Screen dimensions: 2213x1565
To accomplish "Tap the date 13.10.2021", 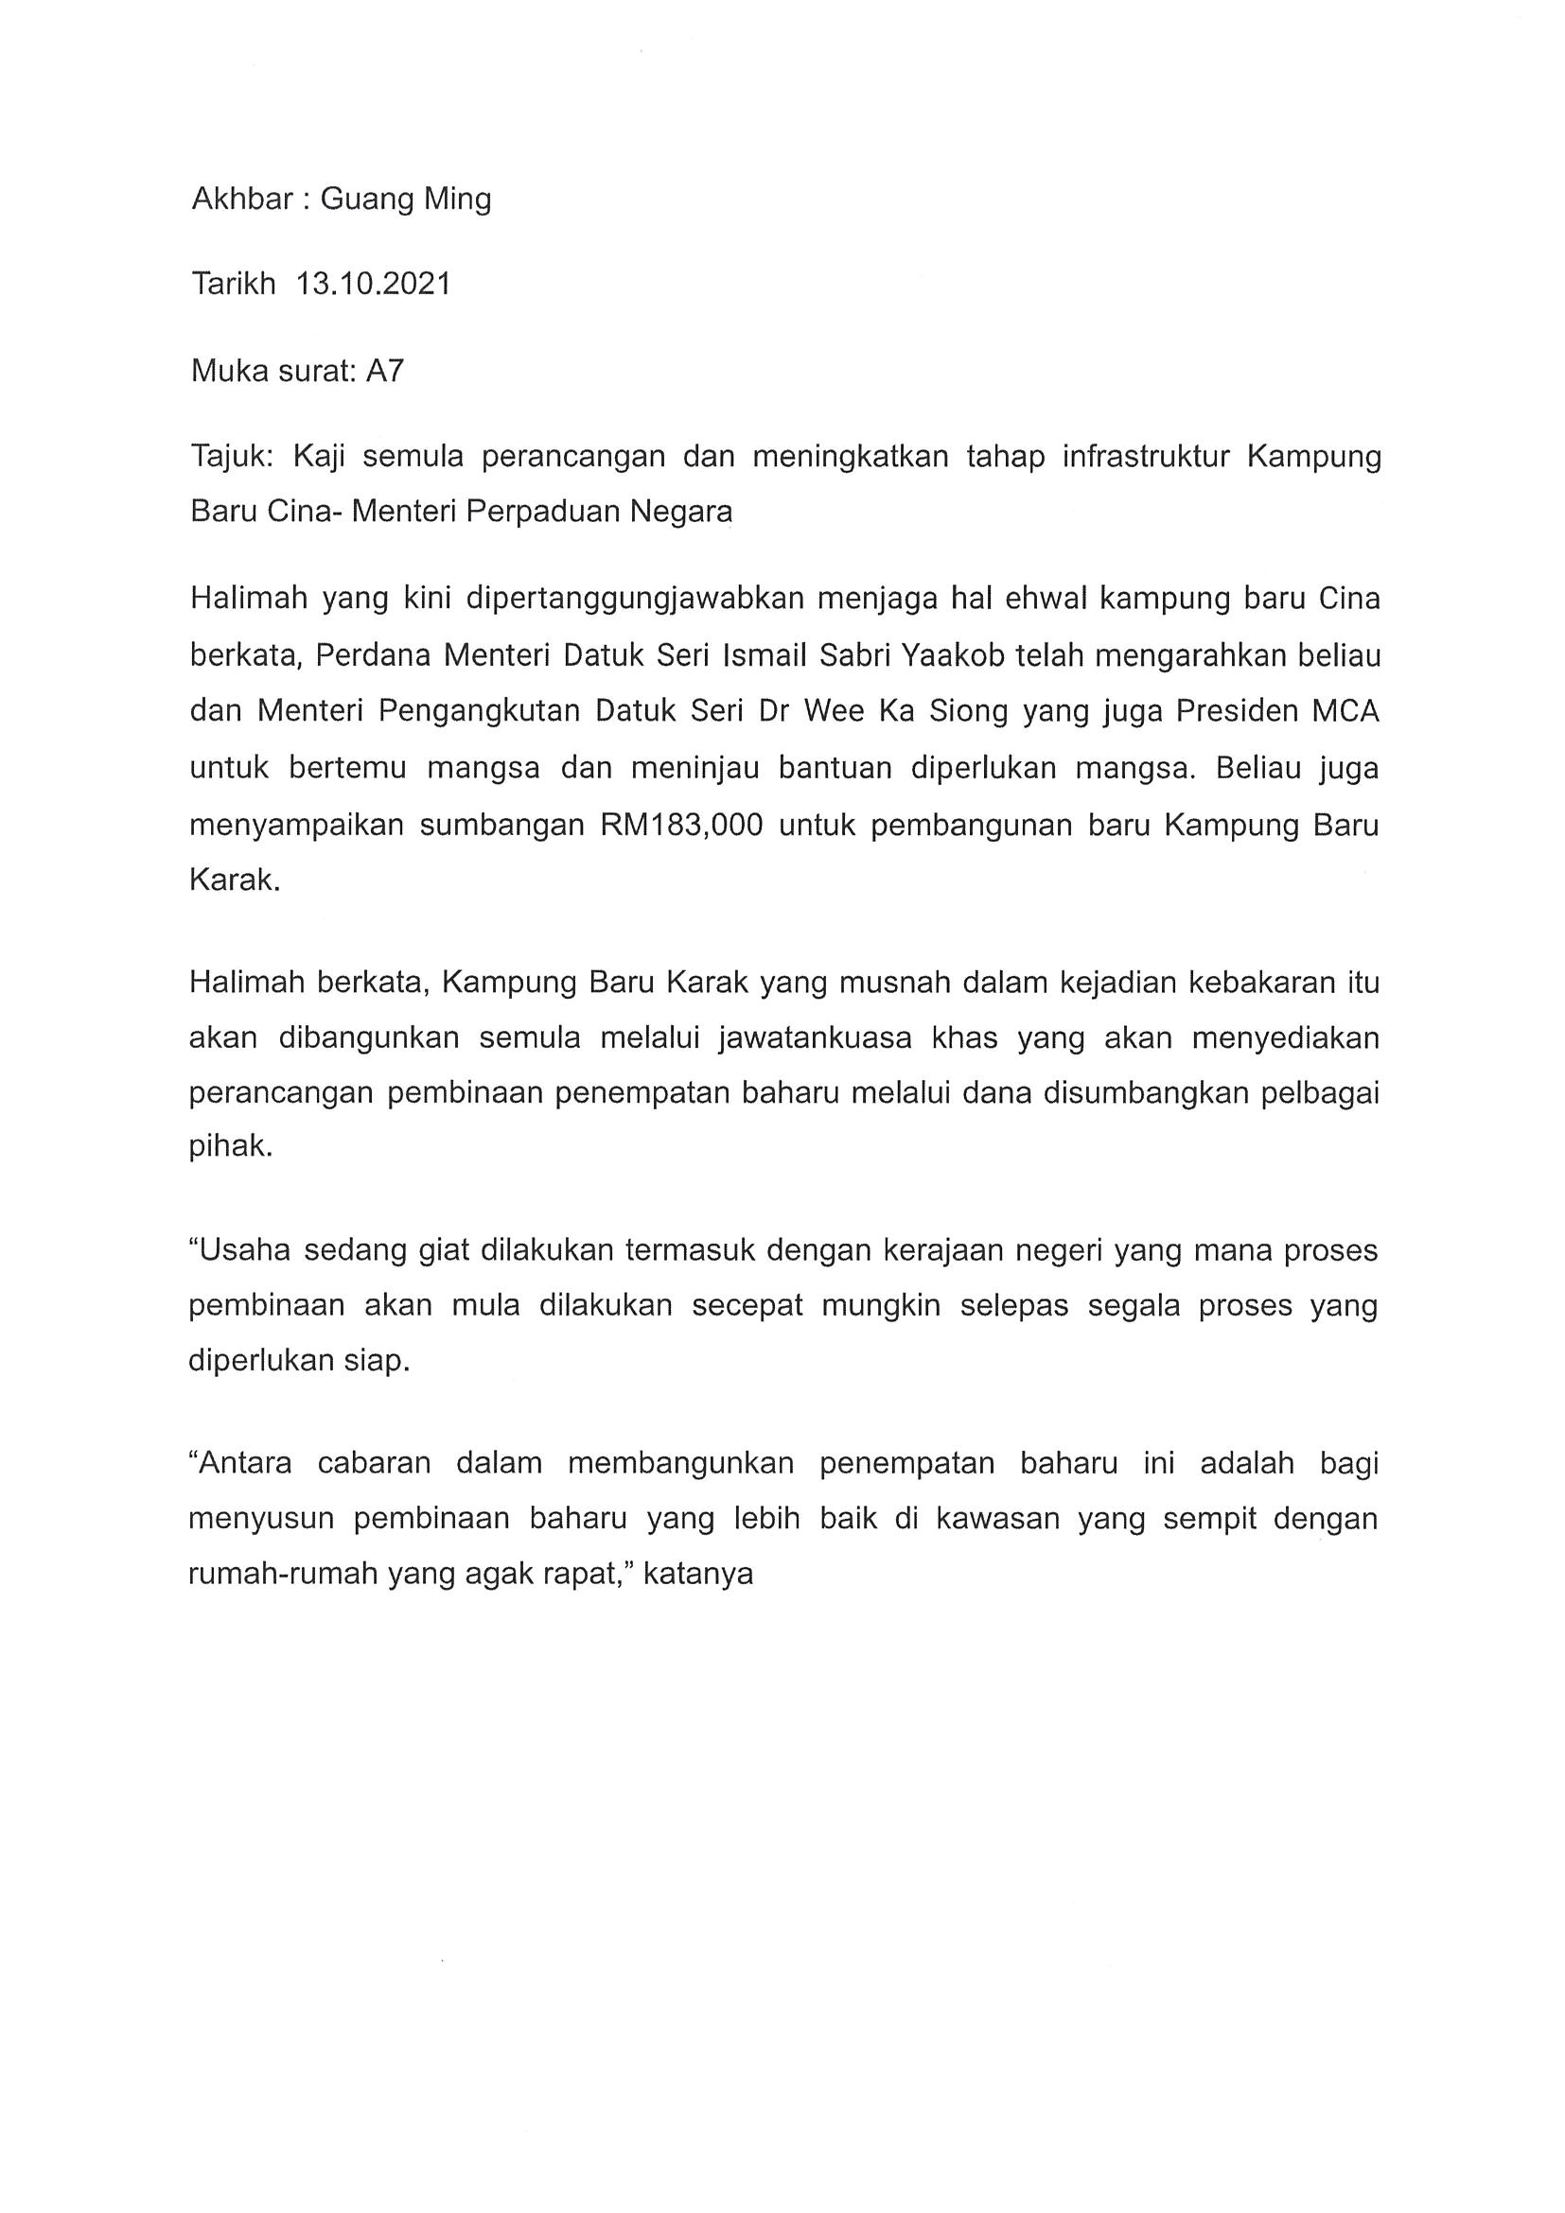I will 373,285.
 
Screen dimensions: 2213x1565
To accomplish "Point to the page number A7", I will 385,370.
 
